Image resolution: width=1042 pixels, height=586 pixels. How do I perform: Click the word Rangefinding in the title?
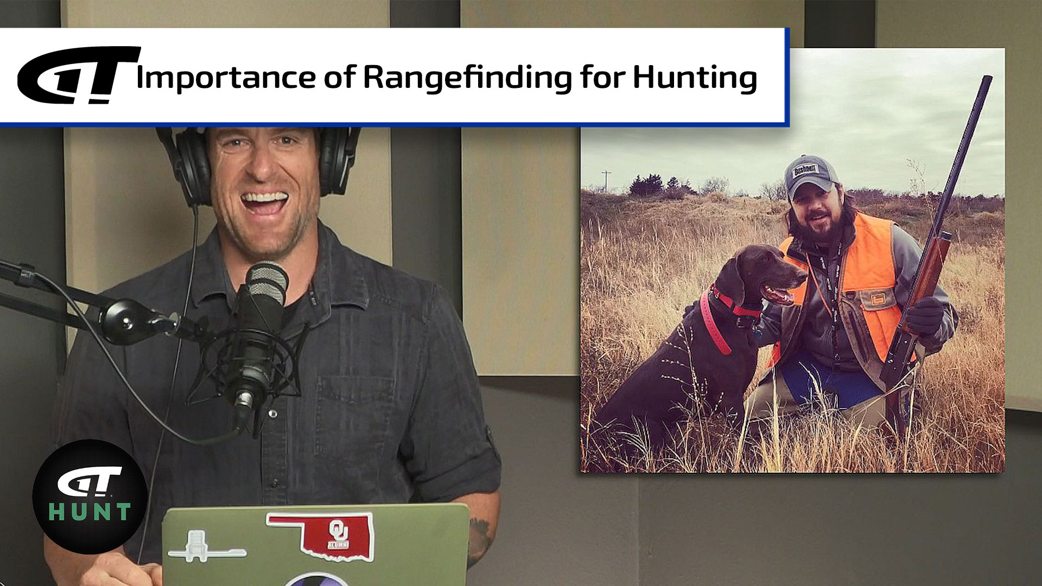tap(467, 77)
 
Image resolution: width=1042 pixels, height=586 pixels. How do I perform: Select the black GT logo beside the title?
tap(79, 75)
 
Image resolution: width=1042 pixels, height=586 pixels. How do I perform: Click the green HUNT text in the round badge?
tap(90, 512)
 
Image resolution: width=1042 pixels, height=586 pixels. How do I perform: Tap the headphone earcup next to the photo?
tap(339, 160)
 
